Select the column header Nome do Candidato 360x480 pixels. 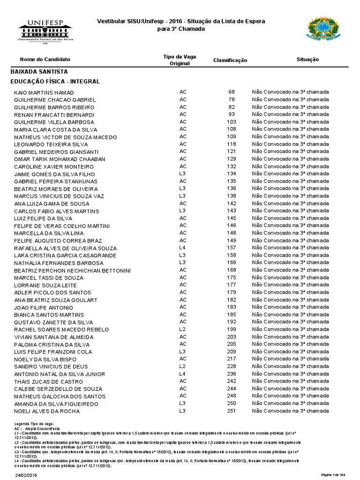pyautogui.click(x=45, y=60)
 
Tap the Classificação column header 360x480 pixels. pyautogui.click(x=230, y=60)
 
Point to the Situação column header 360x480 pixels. pyautogui.click(x=307, y=60)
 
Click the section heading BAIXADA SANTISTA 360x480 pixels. pyautogui.click(x=39, y=72)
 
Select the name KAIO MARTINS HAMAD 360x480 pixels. pyautogui.click(x=44, y=92)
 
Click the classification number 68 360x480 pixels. pyautogui.click(x=232, y=92)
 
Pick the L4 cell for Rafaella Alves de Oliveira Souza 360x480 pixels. pyautogui.click(x=183, y=247)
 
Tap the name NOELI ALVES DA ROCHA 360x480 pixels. pyautogui.click(x=47, y=411)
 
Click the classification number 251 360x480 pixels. pyautogui.click(x=230, y=411)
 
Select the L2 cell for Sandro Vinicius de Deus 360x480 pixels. pyautogui.click(x=183, y=366)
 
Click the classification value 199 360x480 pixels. pyautogui.click(x=230, y=329)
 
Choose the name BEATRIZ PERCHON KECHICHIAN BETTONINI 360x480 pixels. pyautogui.click(x=73, y=270)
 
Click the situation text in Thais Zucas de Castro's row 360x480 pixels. pyautogui.click(x=291, y=381)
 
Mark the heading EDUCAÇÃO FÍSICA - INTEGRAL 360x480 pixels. pyautogui.click(x=55, y=82)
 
